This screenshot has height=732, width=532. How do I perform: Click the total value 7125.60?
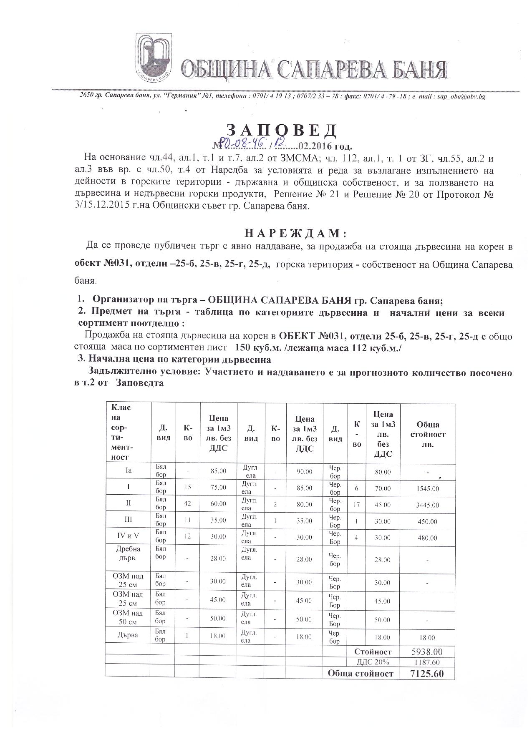(427, 674)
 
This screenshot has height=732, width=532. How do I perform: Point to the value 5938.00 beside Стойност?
(427, 652)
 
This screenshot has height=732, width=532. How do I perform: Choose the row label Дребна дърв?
(128, 553)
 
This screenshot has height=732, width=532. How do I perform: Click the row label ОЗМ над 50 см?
(128, 617)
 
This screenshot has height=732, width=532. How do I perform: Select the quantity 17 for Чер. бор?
(356, 504)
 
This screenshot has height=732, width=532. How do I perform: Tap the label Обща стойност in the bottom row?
(361, 673)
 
